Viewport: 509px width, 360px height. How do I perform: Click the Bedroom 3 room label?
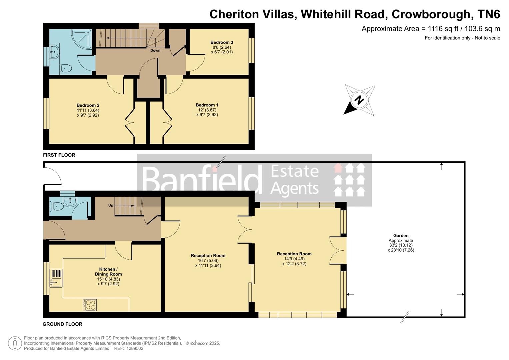[222, 42]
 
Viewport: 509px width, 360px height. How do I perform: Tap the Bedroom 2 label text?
[88, 105]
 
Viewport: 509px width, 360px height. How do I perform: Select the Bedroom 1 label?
[207, 105]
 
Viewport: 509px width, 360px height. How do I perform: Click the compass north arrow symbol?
[359, 100]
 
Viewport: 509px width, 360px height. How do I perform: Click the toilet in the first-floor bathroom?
[66, 69]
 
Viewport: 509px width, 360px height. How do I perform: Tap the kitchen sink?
[56, 278]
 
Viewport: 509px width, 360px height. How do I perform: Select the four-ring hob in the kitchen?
[90, 305]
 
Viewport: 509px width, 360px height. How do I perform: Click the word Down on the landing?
[155, 51]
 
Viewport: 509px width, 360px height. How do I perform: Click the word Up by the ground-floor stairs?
[111, 205]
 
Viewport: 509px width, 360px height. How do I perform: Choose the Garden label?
[401, 235]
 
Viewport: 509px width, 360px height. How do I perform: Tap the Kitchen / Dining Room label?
[108, 272]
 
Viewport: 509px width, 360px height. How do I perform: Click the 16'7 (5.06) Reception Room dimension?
[208, 261]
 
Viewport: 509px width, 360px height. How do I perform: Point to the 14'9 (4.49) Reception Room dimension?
[294, 259]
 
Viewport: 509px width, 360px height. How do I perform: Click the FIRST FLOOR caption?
[59, 155]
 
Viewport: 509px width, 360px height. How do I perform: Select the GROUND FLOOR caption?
[62, 324]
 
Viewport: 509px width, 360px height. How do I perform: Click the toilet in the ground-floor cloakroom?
[57, 207]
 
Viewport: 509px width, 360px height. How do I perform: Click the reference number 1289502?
[133, 348]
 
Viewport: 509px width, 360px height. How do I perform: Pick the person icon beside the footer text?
[15, 343]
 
